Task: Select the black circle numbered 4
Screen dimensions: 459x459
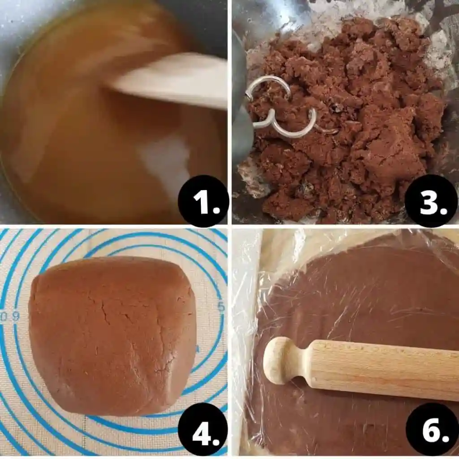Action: (203, 430)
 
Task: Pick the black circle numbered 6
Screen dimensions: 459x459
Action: (432, 430)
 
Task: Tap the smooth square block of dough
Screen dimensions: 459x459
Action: (113, 335)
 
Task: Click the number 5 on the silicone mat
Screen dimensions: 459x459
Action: (221, 307)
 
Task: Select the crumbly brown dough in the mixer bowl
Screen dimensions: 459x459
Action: (346, 117)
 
